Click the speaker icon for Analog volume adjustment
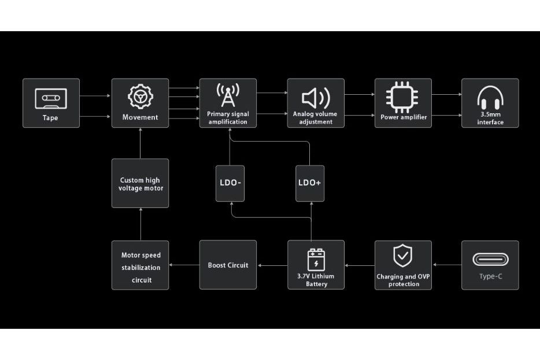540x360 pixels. click(x=316, y=98)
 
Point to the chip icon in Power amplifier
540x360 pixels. click(x=403, y=97)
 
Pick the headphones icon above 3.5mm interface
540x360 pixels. click(x=490, y=97)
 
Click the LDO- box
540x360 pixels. click(x=230, y=183)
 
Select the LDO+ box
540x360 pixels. click(x=310, y=183)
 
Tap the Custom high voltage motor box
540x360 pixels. click(x=140, y=184)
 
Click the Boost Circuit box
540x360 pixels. click(x=228, y=265)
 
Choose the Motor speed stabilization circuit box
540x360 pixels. click(x=140, y=265)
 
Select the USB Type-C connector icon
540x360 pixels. click(x=490, y=259)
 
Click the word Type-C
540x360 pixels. click(x=490, y=276)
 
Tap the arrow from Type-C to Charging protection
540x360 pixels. click(x=446, y=265)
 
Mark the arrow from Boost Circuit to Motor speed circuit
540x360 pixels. click(x=184, y=265)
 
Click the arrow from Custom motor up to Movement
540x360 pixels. click(x=140, y=143)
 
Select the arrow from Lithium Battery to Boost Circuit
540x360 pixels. click(x=272, y=265)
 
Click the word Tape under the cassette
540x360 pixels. click(x=51, y=118)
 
